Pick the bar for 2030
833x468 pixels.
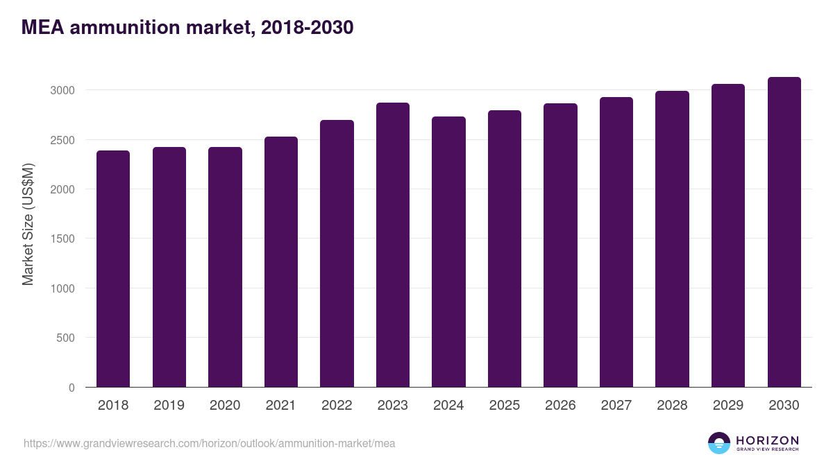784,232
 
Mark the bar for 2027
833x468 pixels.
616,242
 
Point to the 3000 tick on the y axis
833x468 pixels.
62,90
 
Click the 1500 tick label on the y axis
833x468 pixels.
62,239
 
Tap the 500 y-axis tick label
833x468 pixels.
65,338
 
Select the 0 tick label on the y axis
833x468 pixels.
71,388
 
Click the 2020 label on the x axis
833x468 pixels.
225,406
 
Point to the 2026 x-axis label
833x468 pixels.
560,406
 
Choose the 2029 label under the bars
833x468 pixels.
728,406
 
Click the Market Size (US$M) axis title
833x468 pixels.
28,224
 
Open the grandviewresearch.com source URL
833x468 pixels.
209,443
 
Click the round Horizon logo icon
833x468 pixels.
719,443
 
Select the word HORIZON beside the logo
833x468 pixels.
767,440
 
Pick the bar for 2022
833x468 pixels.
337,254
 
